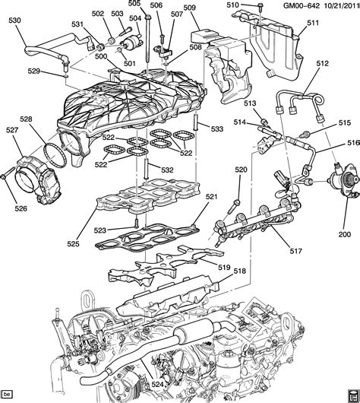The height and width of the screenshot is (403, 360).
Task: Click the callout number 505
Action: (x=134, y=3)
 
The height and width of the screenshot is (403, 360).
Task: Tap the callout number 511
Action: (x=313, y=23)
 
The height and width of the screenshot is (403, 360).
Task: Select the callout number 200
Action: (x=344, y=234)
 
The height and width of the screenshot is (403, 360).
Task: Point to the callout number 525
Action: (x=74, y=243)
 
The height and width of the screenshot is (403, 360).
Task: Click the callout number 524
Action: (x=157, y=385)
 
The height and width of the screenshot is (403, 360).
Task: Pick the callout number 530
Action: (x=14, y=20)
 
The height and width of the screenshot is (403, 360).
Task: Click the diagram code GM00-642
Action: (x=302, y=5)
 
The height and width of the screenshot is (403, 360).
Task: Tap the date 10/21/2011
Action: (x=342, y=5)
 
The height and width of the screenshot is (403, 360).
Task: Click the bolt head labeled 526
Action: (x=4, y=176)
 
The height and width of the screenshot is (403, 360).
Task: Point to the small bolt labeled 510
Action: (x=260, y=5)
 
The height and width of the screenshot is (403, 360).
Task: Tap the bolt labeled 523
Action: (x=137, y=223)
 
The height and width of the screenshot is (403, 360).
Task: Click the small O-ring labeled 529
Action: (x=65, y=76)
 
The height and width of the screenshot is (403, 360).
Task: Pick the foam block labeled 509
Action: (x=204, y=36)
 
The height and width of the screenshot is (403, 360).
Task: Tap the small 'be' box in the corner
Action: (x=7, y=393)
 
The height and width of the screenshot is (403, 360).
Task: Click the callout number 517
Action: (x=296, y=251)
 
